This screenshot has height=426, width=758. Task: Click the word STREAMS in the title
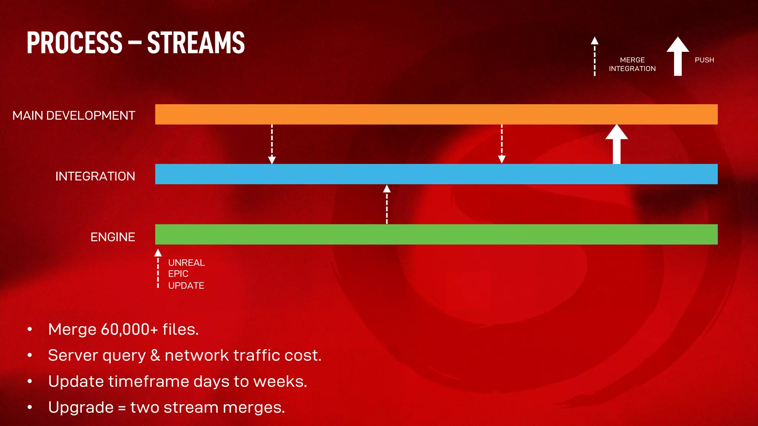(x=196, y=43)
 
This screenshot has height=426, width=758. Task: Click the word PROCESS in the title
(x=74, y=43)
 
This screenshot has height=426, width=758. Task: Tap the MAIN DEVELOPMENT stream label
(x=74, y=115)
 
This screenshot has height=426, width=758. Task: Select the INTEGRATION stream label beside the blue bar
(x=95, y=176)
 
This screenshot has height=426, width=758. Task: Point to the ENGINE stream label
(x=113, y=237)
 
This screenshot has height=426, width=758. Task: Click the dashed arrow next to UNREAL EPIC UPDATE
(x=158, y=269)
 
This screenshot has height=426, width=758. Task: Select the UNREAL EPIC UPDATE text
(x=186, y=274)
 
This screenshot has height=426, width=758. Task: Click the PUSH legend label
(x=704, y=60)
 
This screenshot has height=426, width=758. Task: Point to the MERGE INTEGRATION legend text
(x=632, y=64)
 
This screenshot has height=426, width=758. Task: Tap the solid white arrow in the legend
(x=678, y=56)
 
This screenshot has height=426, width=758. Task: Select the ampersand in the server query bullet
(x=155, y=355)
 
